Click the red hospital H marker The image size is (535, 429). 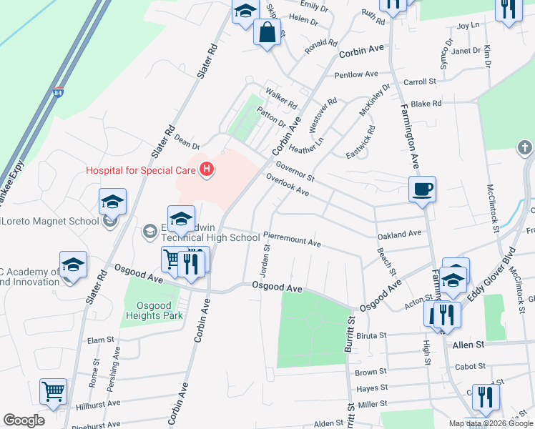207,169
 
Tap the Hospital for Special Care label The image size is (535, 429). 142,170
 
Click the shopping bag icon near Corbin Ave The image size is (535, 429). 267,33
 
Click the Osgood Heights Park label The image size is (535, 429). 154,310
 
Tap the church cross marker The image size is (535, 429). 524,149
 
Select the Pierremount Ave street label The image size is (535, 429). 292,238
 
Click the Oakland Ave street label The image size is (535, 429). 400,234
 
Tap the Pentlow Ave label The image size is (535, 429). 355,74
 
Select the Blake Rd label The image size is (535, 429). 426,104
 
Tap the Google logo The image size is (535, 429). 24,420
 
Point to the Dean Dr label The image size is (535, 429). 186,143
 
